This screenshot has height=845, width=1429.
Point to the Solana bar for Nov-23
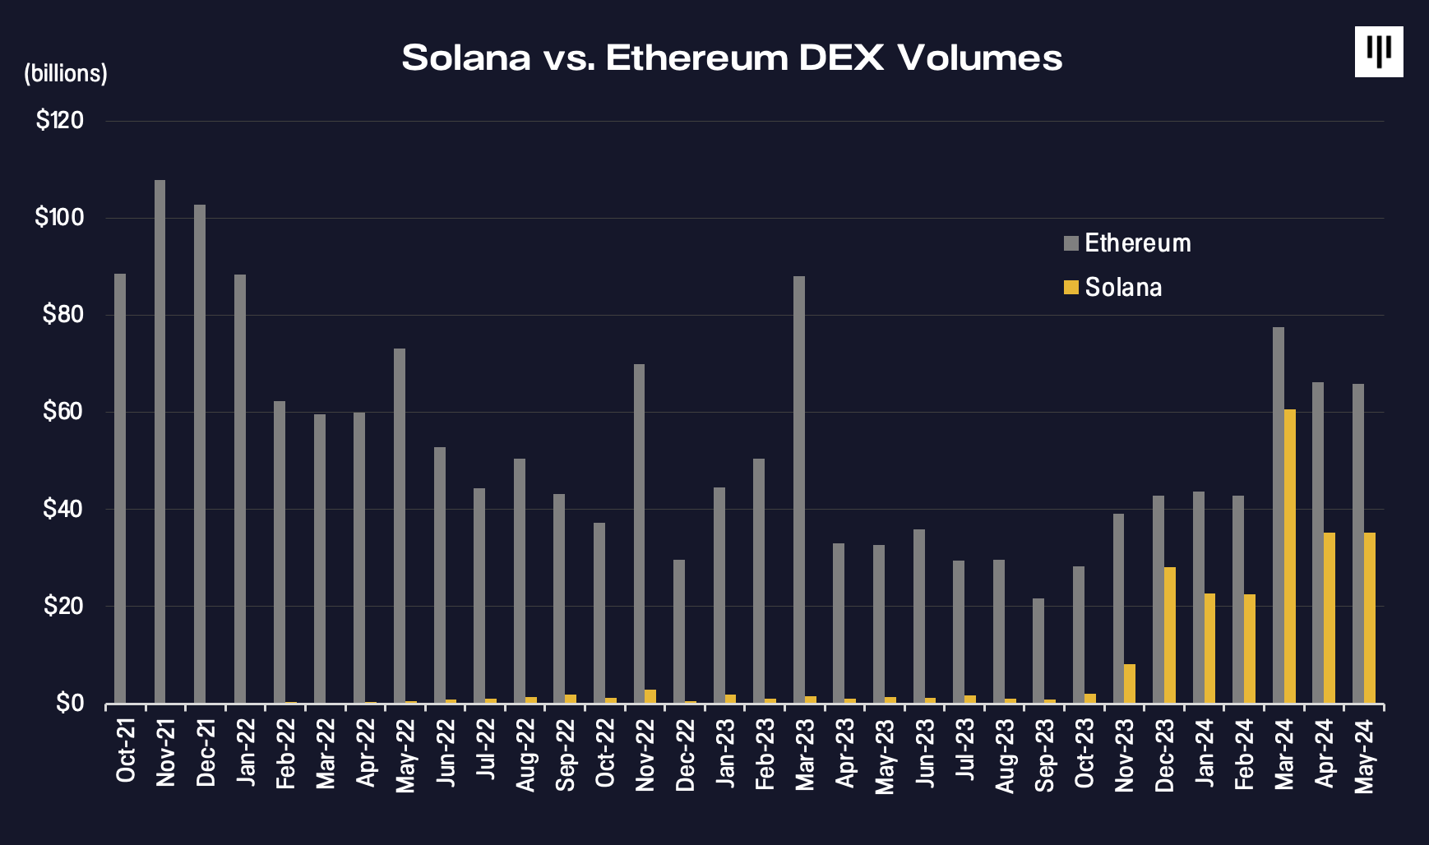[1130, 684]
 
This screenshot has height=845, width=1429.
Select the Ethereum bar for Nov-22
[639, 533]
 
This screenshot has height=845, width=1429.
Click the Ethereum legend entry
[1127, 243]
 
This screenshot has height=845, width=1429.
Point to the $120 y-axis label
[60, 121]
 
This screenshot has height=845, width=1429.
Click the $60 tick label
[62, 412]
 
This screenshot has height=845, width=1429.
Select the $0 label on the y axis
[70, 704]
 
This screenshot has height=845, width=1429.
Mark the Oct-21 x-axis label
[125, 750]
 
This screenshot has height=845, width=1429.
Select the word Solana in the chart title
[466, 58]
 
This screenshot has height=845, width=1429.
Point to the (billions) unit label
[66, 74]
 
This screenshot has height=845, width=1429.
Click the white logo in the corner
[1379, 52]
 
